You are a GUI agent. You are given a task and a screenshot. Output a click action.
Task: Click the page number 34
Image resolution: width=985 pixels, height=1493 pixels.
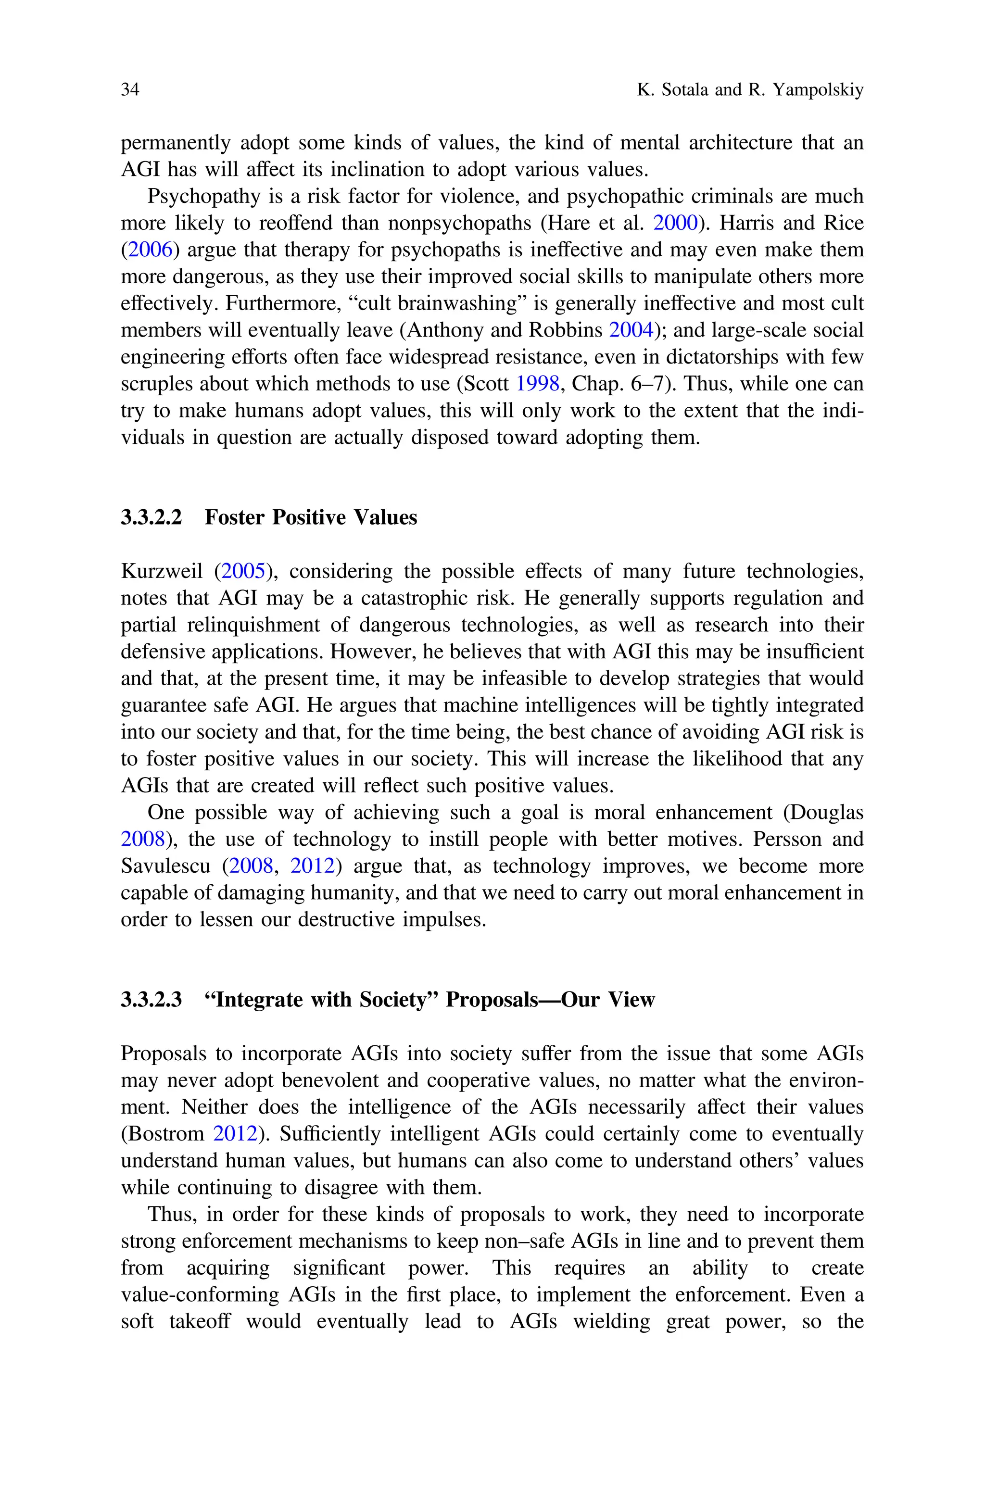click(129, 90)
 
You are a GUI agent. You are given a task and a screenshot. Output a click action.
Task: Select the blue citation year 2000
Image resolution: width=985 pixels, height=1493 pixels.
click(676, 223)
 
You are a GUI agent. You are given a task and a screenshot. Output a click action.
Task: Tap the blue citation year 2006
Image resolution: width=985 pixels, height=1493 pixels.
click(150, 250)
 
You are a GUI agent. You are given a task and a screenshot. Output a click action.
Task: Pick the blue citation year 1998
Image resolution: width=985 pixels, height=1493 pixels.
click(537, 384)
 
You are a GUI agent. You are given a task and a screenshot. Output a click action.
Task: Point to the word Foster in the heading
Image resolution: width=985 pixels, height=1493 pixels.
click(236, 517)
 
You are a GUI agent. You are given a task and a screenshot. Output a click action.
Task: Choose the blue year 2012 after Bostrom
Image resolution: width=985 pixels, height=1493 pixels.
click(236, 1134)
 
